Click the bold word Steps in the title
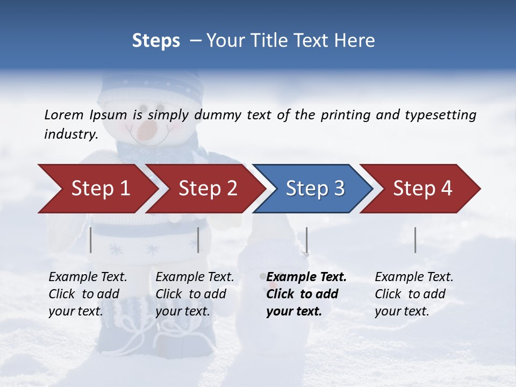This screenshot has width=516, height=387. click(x=156, y=41)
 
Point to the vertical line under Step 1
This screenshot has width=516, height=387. click(x=91, y=240)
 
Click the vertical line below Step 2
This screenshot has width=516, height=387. click(x=198, y=240)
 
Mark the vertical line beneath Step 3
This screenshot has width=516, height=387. click(x=306, y=240)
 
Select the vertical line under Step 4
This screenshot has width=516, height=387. click(x=415, y=240)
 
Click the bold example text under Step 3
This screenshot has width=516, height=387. click(x=304, y=294)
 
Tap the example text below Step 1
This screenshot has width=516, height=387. click(x=87, y=294)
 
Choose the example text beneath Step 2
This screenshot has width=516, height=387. click(x=194, y=294)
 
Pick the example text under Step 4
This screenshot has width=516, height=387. click(x=413, y=294)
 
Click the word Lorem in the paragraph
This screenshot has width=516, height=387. click(x=64, y=114)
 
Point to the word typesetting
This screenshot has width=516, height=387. click(x=440, y=115)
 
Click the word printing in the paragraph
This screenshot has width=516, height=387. click(x=346, y=115)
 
